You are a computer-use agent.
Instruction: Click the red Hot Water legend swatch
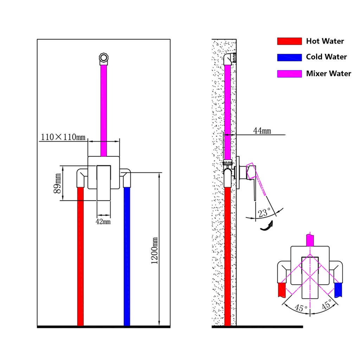point(289,41)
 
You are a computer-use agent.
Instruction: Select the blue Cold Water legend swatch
point(289,57)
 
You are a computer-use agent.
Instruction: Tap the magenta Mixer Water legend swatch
point(289,74)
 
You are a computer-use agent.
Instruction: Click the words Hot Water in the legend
point(325,41)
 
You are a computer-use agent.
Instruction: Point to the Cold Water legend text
point(326,57)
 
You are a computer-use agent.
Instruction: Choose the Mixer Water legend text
point(328,73)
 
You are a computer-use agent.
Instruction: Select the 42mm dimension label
point(104,221)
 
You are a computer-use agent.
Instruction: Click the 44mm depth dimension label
point(262,131)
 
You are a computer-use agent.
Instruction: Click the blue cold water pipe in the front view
point(127,257)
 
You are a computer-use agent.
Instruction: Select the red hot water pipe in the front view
point(81,257)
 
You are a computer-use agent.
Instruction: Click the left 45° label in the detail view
point(299,308)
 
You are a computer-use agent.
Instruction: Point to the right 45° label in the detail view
point(326,305)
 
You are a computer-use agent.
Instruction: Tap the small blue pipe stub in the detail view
point(338,289)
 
